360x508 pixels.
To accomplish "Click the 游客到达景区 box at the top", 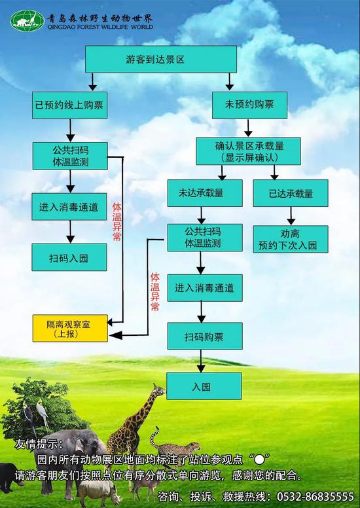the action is click(x=161, y=60).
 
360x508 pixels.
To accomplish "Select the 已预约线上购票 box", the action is click(x=69, y=105).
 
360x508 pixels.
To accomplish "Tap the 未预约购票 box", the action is click(x=249, y=105).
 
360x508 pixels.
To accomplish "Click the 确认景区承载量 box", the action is click(x=248, y=151).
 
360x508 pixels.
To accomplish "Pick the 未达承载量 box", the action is click(x=205, y=193).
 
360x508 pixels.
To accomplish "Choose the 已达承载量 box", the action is click(x=291, y=193).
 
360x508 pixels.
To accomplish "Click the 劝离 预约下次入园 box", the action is click(x=291, y=239).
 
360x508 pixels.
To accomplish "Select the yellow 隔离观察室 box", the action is click(x=70, y=328).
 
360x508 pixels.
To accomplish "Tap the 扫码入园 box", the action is click(x=69, y=257).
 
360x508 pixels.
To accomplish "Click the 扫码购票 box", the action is click(x=205, y=336).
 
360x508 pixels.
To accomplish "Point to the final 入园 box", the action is click(x=204, y=386).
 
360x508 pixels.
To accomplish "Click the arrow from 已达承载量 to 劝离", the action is click(x=291, y=216).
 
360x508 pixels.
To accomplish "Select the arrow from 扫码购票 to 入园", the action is click(x=201, y=361).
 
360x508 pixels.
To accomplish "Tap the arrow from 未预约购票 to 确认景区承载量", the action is click(x=248, y=128).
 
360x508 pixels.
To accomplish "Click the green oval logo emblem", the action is click(x=27, y=21).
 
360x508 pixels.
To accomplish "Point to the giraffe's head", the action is click(x=158, y=390).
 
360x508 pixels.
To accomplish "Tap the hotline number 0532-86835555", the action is click(x=315, y=496).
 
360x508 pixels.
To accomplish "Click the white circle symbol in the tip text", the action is click(x=259, y=459).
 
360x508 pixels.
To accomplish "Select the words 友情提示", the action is click(x=35, y=444).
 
